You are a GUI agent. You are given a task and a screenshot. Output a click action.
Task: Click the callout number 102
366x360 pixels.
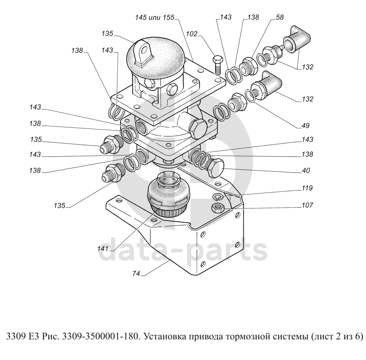pos(192,34)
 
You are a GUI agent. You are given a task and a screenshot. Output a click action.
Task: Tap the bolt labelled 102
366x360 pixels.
pos(218,65)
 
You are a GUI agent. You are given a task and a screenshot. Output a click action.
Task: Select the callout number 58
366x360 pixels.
pos(280,17)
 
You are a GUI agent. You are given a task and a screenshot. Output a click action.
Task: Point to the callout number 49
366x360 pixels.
pos(305,126)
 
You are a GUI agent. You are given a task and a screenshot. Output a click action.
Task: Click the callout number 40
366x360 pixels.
pos(306,170)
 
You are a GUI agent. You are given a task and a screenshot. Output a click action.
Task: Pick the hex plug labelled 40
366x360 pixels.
pos(215,167)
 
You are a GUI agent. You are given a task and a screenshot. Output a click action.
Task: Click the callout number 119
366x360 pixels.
pos(307,188)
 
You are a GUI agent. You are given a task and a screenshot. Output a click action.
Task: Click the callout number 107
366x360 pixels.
pos(307,205)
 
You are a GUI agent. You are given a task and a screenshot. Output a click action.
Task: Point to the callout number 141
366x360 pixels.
pos(103,249)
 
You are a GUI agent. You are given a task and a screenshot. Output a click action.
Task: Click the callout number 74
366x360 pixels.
pos(136,273)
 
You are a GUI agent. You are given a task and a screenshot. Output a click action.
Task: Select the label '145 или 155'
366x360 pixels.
pos(155,18)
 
